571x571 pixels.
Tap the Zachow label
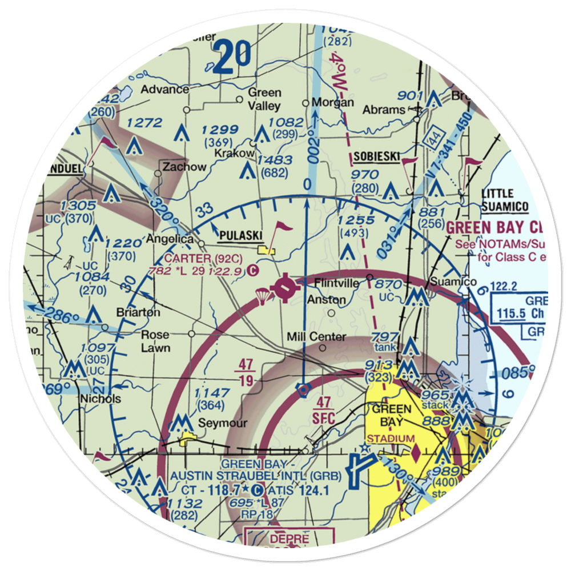click(x=184, y=167)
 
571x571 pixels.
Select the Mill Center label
click(x=316, y=337)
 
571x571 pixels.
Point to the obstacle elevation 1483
click(x=275, y=160)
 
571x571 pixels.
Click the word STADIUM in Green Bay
click(x=391, y=439)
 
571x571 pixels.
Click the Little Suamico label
click(x=505, y=200)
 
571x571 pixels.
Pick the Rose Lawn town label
click(x=155, y=340)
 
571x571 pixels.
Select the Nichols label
click(x=100, y=399)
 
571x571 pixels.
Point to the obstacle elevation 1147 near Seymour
click(x=212, y=393)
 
